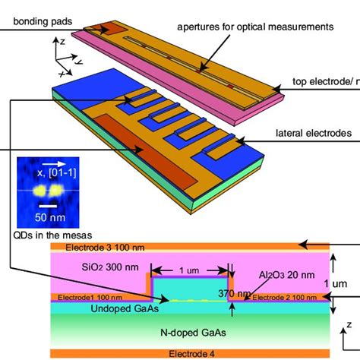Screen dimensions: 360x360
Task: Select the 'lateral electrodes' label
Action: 314,133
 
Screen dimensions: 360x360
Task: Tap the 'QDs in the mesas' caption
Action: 47,234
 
